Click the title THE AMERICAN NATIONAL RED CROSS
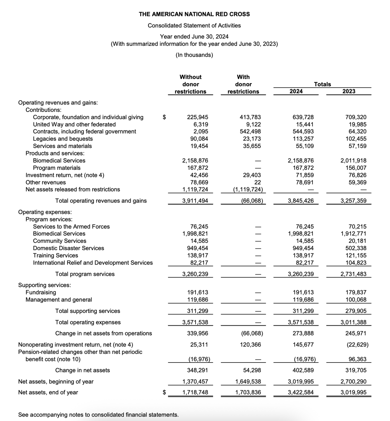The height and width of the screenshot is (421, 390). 194,14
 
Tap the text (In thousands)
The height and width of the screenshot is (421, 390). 194,55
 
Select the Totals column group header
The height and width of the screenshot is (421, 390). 322,84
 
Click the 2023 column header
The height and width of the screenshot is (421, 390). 349,91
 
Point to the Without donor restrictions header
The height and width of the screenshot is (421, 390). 191,84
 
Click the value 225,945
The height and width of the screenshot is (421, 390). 198,117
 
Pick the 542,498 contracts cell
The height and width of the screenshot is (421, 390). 250,131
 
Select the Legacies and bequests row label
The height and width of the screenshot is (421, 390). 63,139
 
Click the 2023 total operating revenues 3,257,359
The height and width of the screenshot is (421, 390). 354,201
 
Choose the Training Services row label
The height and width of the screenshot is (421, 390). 55,255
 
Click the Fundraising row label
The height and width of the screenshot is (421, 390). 41,292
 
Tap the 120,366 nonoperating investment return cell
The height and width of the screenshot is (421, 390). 250,345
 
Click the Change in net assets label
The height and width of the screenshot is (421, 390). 82,370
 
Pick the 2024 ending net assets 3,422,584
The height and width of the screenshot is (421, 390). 301,393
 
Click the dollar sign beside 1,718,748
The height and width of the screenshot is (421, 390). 164,392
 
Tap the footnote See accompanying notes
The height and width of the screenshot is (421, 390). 98,415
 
